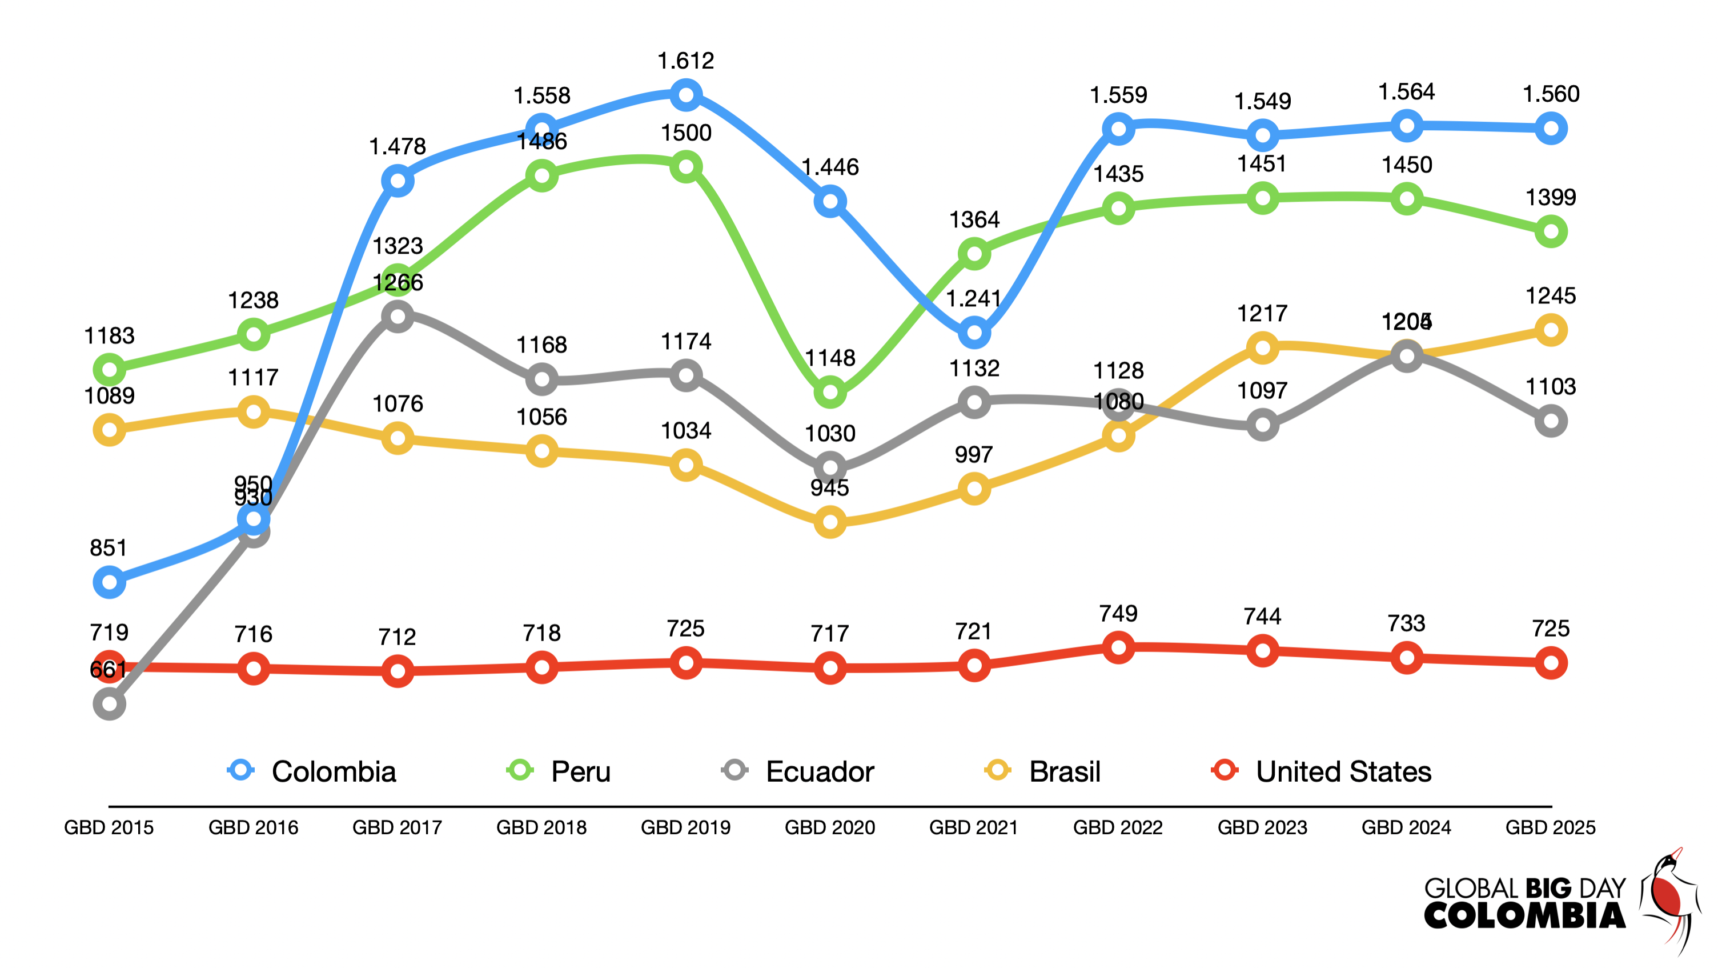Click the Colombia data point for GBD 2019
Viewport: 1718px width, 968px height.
685,95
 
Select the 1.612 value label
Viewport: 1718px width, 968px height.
685,61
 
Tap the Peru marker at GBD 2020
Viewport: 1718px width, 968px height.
830,392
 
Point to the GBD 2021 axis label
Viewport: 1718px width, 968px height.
974,827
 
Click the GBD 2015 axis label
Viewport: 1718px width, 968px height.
109,827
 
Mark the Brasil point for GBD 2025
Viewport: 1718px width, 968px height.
1551,330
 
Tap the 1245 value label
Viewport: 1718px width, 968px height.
1551,295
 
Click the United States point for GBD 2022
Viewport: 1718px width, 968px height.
1118,647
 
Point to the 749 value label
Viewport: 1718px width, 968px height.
1118,613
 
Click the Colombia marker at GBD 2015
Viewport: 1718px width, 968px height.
110,582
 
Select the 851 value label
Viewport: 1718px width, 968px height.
108,547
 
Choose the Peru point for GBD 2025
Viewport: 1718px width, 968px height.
1551,232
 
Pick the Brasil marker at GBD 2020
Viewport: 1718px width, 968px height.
830,522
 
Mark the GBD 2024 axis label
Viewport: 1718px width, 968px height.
1406,827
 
